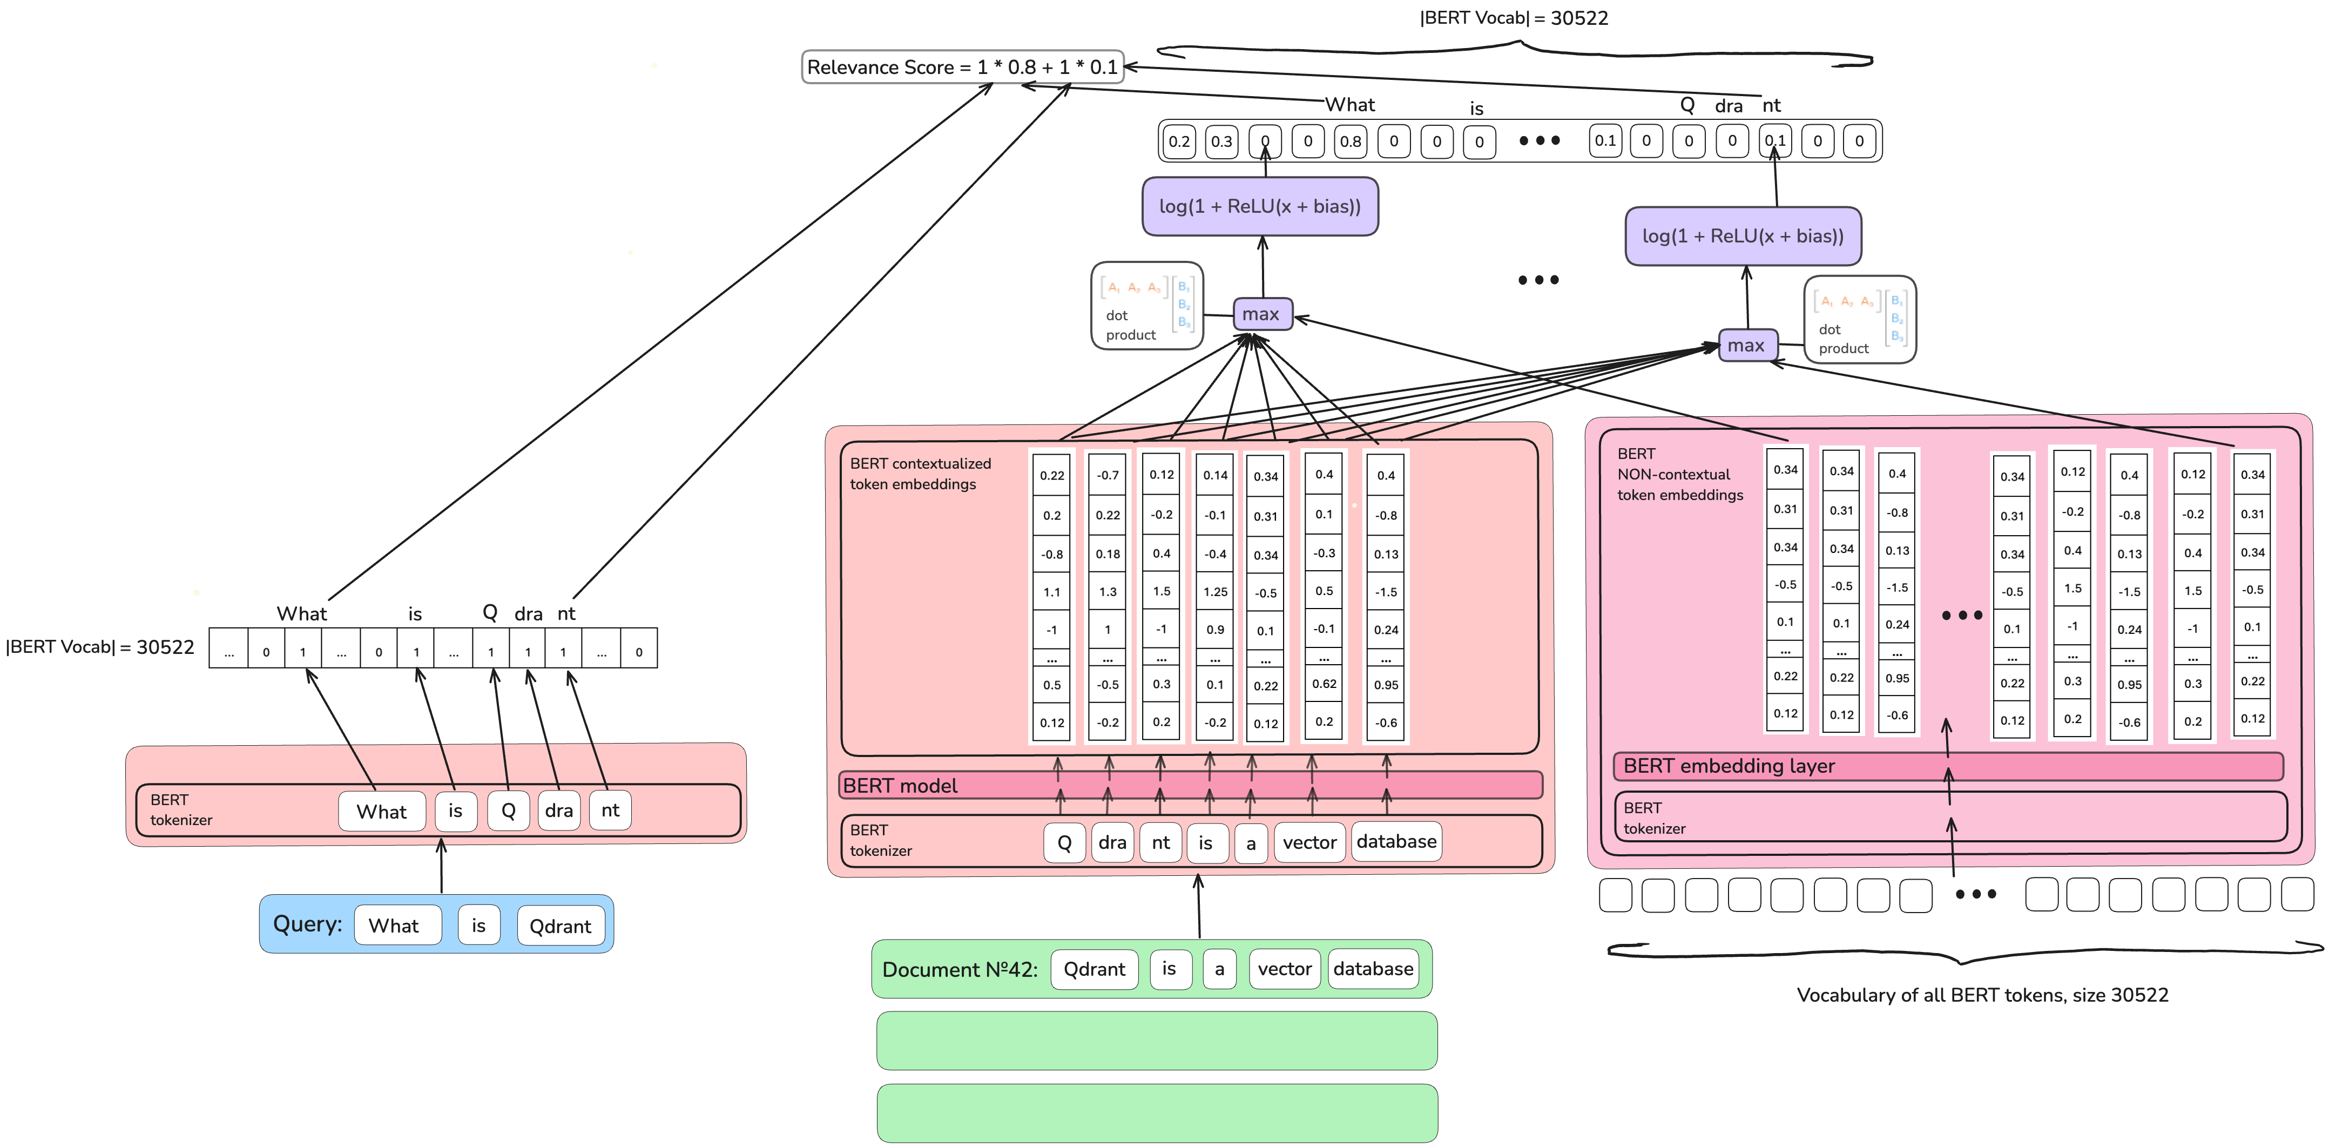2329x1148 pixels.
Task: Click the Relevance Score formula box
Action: pos(962,67)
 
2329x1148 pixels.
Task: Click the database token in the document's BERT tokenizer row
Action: pos(1396,842)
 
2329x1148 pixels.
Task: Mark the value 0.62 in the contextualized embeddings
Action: pos(1324,684)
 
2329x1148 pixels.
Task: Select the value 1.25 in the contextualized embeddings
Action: pos(1215,592)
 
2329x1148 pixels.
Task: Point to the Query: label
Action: pos(307,924)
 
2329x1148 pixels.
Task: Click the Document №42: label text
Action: pos(959,970)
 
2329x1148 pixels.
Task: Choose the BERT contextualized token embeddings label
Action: pos(920,474)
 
